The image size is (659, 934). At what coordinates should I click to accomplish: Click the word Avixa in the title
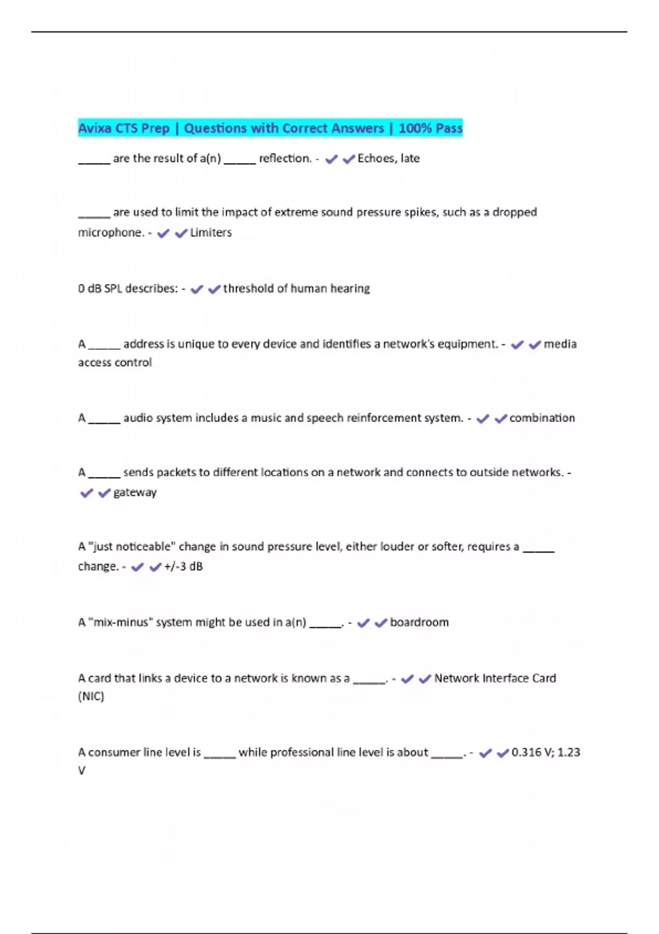(94, 128)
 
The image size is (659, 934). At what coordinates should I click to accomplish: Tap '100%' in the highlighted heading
(415, 128)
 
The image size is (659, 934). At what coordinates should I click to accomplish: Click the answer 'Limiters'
(211, 232)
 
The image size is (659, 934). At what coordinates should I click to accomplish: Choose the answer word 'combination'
(542, 418)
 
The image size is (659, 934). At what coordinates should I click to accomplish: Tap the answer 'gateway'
(135, 492)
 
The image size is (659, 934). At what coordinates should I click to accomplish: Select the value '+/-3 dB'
(183, 566)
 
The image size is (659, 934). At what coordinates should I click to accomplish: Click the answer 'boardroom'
(419, 622)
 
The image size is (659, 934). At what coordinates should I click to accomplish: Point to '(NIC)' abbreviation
(91, 696)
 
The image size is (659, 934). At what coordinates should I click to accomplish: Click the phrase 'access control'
(115, 363)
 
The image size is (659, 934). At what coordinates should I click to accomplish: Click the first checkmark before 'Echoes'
(331, 159)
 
